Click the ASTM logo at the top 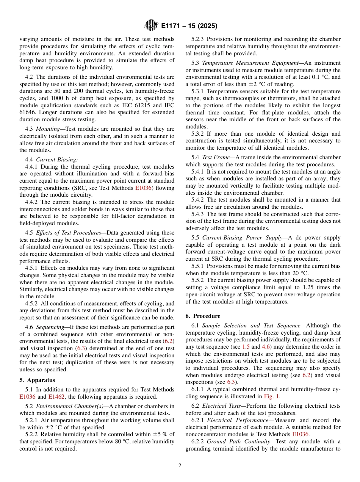click(151, 26)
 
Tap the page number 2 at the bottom click(180, 466)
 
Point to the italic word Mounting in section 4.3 click(49, 129)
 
